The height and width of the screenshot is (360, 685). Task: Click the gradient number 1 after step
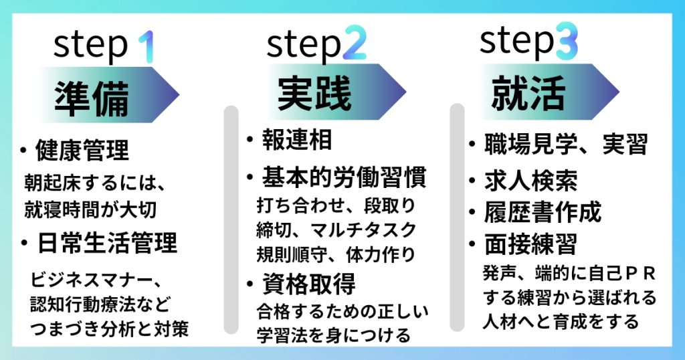pos(146,46)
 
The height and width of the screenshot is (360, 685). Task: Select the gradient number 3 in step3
pos(567,41)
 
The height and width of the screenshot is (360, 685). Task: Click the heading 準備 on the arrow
pos(91,98)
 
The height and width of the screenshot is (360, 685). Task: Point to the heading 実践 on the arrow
pos(314,93)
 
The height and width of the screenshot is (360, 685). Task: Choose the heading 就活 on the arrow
pos(528,92)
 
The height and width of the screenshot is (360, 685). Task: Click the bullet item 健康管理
pos(82,150)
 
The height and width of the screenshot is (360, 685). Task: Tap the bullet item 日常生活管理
pos(107,243)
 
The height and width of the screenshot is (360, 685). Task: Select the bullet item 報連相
pos(296,139)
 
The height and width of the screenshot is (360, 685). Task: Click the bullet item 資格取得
pos(308,284)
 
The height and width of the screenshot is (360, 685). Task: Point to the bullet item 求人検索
pos(530,181)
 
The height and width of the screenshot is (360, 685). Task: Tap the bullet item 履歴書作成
pos(543,212)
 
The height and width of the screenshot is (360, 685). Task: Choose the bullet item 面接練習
pos(530,244)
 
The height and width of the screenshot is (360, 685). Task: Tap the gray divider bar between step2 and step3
pos(457,217)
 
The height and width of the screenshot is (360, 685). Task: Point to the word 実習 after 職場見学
pos(625,144)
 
